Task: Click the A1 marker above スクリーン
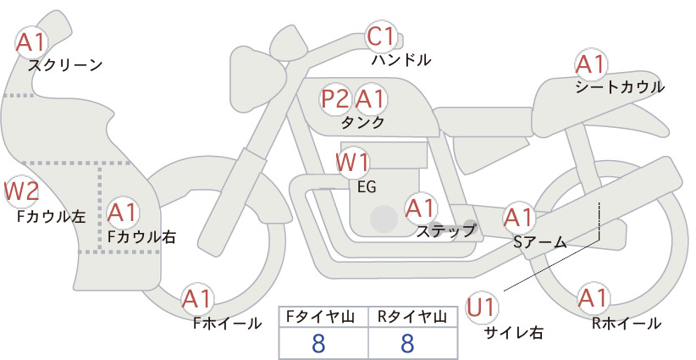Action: pyautogui.click(x=31, y=42)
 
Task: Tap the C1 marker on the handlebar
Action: pyautogui.click(x=382, y=36)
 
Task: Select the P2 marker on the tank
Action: pyautogui.click(x=335, y=98)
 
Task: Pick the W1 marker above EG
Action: pyautogui.click(x=352, y=163)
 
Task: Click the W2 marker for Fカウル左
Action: pyautogui.click(x=21, y=191)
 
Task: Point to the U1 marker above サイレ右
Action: pyautogui.click(x=481, y=307)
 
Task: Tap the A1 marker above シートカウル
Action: pyautogui.click(x=591, y=64)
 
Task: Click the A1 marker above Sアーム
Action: pyautogui.click(x=518, y=218)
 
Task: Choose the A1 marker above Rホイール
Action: pyautogui.click(x=593, y=298)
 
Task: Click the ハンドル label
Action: pyautogui.click(x=401, y=59)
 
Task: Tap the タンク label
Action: pyautogui.click(x=362, y=123)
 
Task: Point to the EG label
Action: pyautogui.click(x=367, y=187)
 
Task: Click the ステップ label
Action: pyautogui.click(x=445, y=231)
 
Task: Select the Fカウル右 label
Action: pyautogui.click(x=142, y=237)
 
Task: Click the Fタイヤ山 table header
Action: pyautogui.click(x=320, y=317)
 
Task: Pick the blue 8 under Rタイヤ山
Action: pyautogui.click(x=407, y=343)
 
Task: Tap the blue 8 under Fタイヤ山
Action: pyautogui.click(x=318, y=343)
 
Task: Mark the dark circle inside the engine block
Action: pyautogui.click(x=384, y=219)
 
